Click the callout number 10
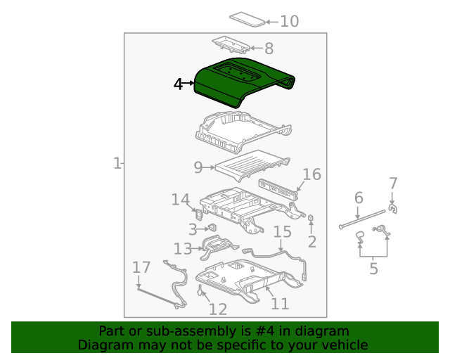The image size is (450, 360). [x=289, y=22]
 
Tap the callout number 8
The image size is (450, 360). [x=269, y=49]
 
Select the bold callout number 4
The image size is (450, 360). [x=179, y=84]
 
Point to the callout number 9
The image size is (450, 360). [x=198, y=167]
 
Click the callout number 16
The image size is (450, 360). [x=311, y=175]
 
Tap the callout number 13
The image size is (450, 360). [x=183, y=248]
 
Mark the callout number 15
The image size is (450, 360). [x=282, y=232]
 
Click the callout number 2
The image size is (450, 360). [x=311, y=242]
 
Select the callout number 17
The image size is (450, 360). [x=141, y=267]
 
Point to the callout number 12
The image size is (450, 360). [x=217, y=309]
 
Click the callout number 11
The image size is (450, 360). [x=280, y=303]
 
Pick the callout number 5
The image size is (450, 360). [x=373, y=268]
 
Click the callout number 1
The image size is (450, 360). [x=117, y=164]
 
